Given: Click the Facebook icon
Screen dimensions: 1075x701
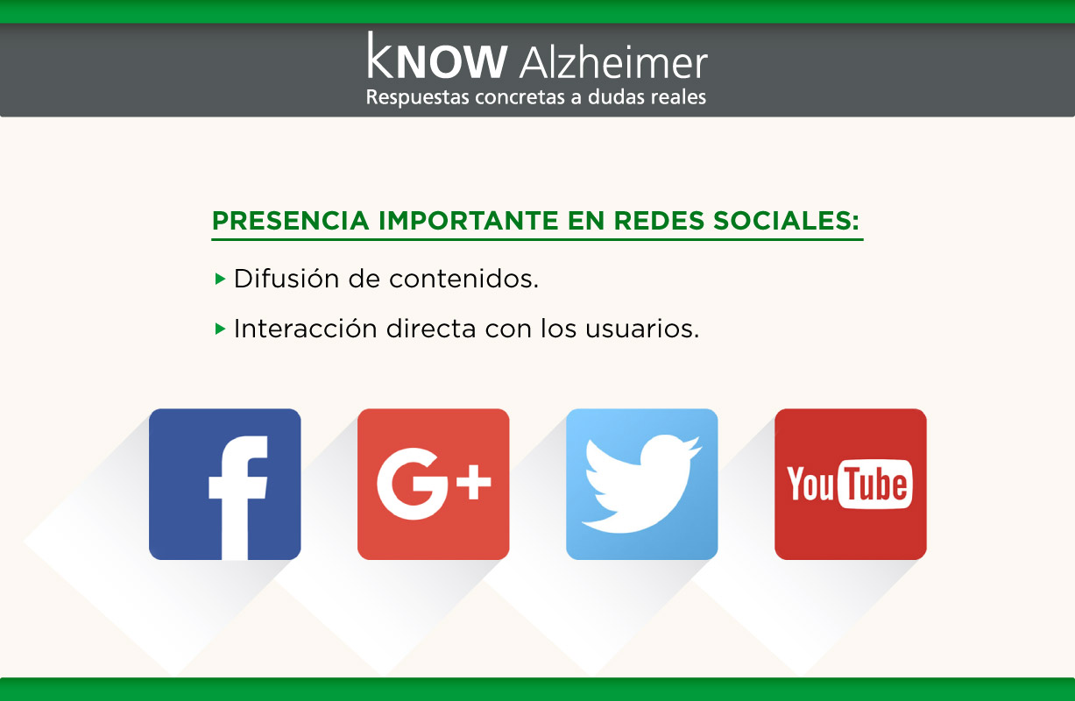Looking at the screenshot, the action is click(224, 484).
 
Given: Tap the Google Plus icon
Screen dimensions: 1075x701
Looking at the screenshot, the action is click(434, 484).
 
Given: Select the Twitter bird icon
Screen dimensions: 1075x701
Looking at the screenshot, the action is click(641, 484).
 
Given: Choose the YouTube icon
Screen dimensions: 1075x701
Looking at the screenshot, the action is click(851, 484).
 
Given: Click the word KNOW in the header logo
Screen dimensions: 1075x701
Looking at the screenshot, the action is click(437, 56).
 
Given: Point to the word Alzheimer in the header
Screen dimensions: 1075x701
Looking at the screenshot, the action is click(614, 63).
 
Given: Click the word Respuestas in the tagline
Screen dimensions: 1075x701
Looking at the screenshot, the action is click(418, 97).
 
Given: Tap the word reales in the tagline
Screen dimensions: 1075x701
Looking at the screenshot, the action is click(679, 96).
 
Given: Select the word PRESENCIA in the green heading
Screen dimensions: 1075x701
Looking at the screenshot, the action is click(290, 221).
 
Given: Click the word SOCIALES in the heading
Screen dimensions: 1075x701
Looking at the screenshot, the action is click(786, 221).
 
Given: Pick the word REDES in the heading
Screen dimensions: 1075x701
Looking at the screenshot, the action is click(659, 221).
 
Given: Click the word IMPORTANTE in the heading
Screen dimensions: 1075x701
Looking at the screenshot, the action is click(468, 221).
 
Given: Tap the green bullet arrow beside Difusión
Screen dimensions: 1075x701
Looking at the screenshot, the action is click(220, 279).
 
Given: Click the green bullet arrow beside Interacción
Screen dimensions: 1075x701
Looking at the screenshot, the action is click(220, 329).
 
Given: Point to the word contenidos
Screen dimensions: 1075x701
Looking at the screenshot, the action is click(464, 279).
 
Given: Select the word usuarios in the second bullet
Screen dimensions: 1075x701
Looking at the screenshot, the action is click(642, 329).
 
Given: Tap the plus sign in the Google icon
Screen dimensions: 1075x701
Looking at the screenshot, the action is click(474, 482).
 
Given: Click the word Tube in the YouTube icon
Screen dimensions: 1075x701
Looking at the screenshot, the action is click(876, 484).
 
